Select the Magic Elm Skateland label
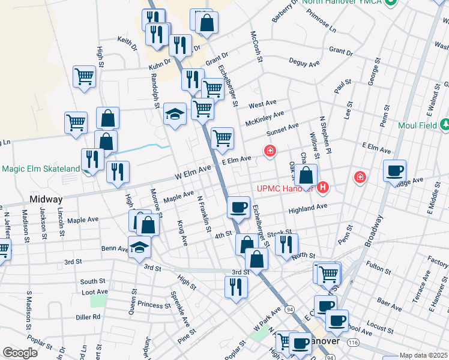click(40, 169)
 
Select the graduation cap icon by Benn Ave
click(139, 247)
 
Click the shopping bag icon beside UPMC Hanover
click(306, 175)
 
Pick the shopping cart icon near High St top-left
click(84, 76)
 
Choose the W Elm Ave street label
click(193, 172)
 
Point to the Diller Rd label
click(88, 317)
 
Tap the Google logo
click(20, 353)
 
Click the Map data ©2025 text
click(423, 355)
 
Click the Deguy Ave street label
click(305, 63)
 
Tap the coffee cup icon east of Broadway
click(394, 170)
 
